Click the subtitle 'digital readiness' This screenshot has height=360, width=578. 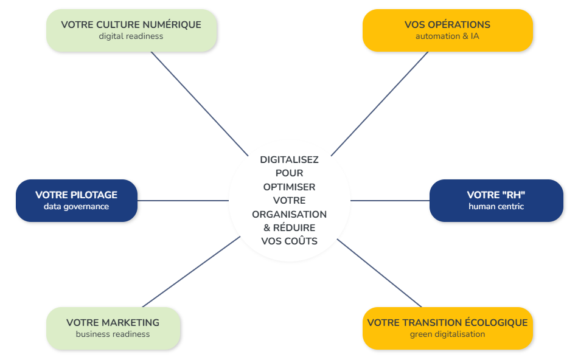pos(131,36)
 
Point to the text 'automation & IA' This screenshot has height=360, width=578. pos(447,36)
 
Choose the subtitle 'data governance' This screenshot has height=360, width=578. pos(76,206)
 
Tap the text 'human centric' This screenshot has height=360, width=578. pos(496,206)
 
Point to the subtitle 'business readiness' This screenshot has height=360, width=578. pos(113,334)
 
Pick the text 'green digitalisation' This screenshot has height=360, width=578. pos(447,334)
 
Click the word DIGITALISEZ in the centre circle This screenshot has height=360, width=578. pos(289,160)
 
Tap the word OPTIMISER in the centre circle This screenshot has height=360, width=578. pos(289,187)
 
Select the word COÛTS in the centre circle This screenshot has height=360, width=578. pos(301,241)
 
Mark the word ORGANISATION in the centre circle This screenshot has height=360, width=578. pos(289,214)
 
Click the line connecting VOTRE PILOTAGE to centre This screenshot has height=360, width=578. pos(183,200)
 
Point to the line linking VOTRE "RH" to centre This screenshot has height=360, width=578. pos(389,200)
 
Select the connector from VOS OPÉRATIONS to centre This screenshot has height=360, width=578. pos(380,103)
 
